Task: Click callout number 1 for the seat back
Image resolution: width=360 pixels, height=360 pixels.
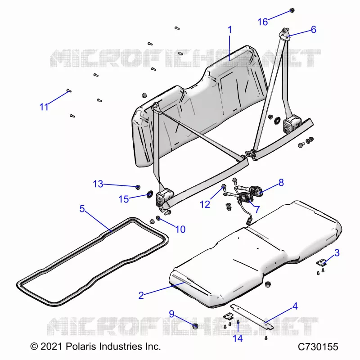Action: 229,30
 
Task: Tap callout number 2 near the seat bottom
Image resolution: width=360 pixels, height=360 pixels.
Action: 141,295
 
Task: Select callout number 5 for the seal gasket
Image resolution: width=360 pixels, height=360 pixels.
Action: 82,209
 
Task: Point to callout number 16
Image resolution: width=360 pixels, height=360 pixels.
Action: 263,22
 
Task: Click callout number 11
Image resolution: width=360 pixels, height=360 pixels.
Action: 44,107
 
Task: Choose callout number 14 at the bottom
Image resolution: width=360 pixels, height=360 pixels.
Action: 238,338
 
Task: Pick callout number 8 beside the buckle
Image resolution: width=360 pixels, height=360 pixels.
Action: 281,183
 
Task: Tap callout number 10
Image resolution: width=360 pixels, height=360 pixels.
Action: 180,229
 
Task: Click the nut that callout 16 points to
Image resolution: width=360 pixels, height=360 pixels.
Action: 292,10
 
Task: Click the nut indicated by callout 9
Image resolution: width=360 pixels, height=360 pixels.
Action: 195,326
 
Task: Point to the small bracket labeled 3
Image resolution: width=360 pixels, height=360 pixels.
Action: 321,262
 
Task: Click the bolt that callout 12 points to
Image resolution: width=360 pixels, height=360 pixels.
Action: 224,188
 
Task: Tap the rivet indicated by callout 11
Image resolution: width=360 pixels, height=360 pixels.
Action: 69,91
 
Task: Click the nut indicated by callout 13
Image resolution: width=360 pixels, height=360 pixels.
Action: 138,187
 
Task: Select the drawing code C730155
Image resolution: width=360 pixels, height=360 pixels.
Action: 318,347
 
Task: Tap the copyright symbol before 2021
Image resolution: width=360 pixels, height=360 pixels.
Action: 34,346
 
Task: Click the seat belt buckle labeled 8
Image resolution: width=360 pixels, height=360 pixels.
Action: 255,190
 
